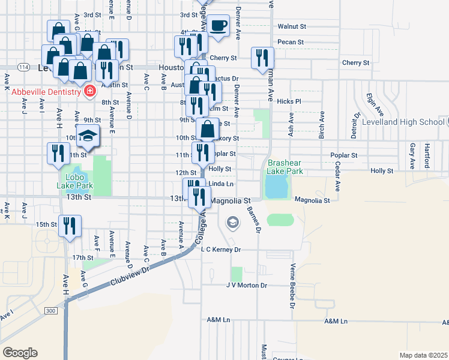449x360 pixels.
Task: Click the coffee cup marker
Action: [218, 26]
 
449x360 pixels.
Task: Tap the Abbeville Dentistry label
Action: [46, 91]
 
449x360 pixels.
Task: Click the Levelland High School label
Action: [403, 122]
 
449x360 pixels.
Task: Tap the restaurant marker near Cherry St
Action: [262, 58]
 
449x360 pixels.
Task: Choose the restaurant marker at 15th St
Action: [70, 226]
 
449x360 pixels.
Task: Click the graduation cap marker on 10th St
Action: [88, 136]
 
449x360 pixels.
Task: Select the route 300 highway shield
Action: [51, 310]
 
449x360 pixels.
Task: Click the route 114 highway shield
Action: [23, 67]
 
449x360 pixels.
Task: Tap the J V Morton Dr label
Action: [246, 286]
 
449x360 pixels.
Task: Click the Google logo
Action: [20, 353]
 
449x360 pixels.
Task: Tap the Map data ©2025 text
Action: [423, 355]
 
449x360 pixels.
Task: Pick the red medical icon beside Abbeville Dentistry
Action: [89, 91]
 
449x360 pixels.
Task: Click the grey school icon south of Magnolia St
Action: [232, 224]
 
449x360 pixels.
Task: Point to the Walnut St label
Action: [292, 26]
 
